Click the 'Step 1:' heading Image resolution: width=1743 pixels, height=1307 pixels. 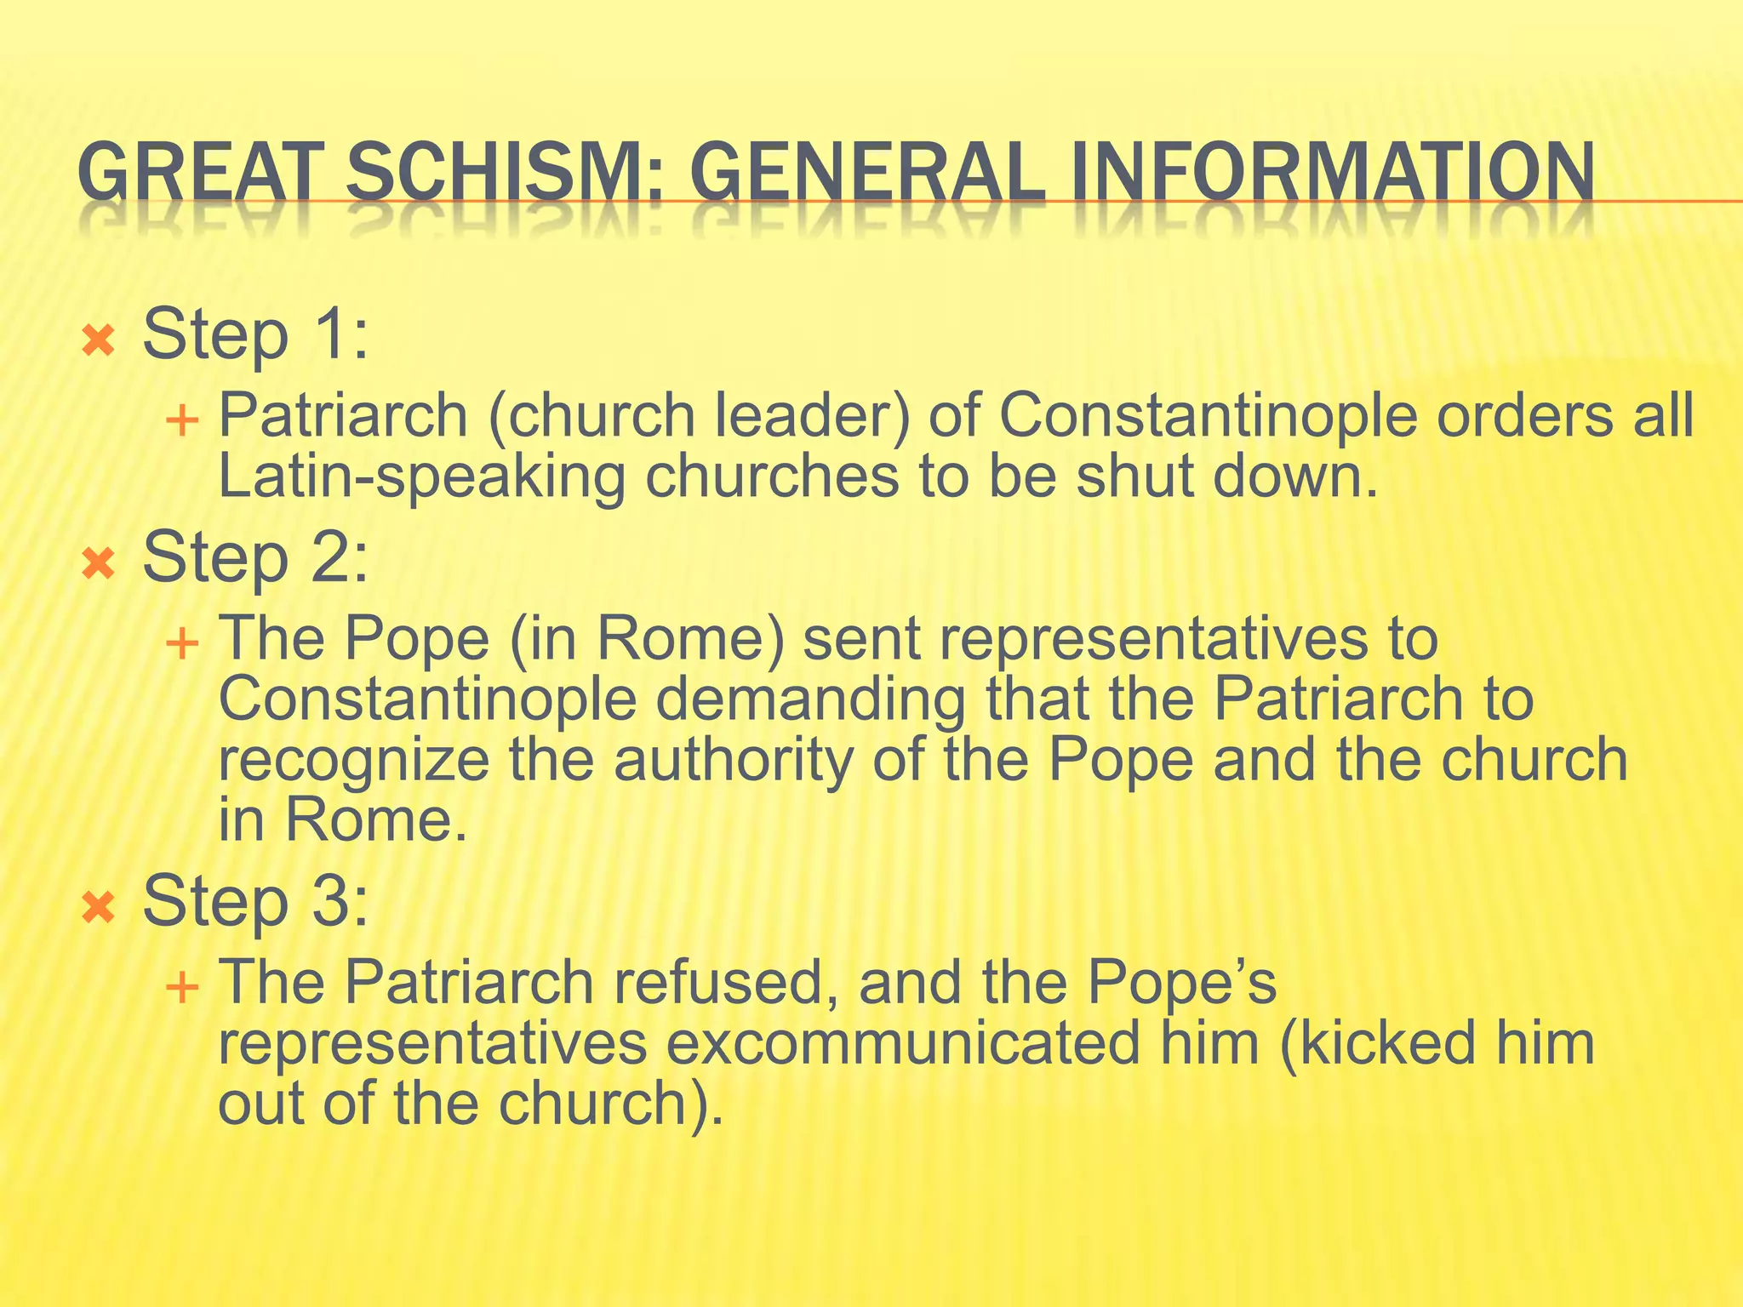pos(255,334)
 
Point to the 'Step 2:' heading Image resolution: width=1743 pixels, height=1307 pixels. pos(255,558)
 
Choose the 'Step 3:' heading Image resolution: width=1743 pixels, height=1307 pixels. pos(255,901)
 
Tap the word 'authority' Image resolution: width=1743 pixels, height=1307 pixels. pos(733,760)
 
